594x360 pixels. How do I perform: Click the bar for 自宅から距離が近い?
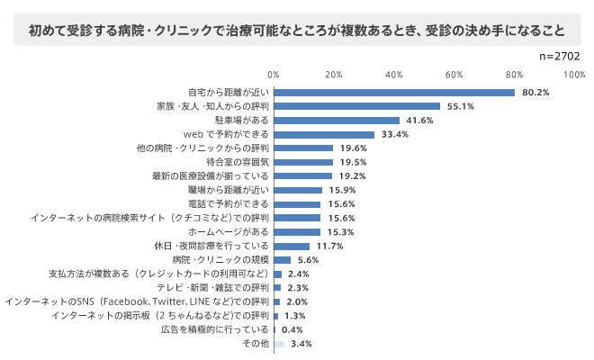pos(394,93)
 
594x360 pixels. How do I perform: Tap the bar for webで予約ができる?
pos(324,134)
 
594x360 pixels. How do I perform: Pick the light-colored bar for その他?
pos(279,344)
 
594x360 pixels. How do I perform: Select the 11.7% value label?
pos(329,246)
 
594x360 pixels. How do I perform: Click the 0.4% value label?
pos(292,330)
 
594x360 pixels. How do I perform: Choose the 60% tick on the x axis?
pos(454,74)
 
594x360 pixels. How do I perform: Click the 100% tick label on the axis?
pos(574,74)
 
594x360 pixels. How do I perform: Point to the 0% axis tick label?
pos(274,74)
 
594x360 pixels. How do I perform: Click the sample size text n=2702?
pos(558,56)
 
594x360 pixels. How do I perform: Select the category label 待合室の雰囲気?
pos(231,162)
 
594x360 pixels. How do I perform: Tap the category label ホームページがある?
pos(226,232)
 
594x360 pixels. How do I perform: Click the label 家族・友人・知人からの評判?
pos(212,106)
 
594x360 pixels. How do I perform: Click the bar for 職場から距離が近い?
pos(298,190)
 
